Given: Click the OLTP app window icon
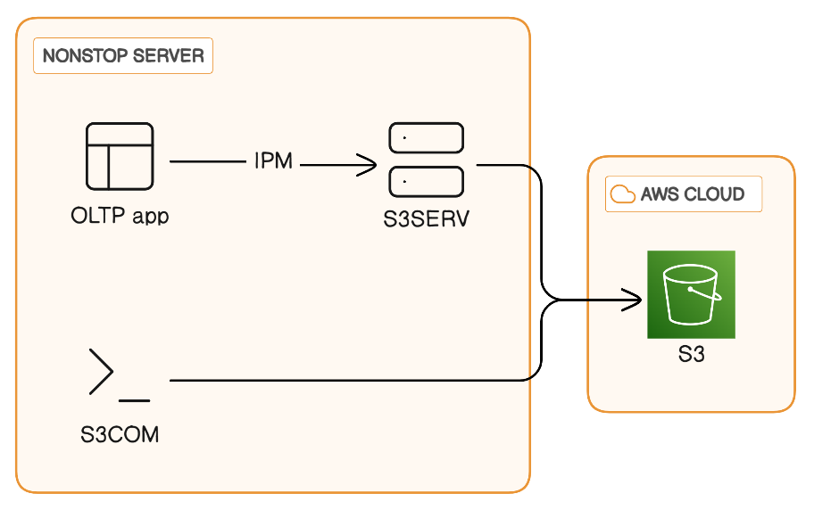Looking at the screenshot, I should coord(120,157).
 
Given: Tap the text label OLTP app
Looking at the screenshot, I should coord(120,217).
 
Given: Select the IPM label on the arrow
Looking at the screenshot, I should coord(273,162).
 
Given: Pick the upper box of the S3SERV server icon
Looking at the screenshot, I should coord(427,138).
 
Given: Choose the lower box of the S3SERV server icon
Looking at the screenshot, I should coord(427,181).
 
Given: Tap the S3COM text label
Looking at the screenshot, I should coord(120,435).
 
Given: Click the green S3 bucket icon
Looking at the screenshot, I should coord(691,294).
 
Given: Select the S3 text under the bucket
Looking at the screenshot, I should coord(692,355).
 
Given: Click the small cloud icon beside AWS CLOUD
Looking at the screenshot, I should coord(622,193).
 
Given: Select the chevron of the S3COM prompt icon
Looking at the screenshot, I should coord(101,372).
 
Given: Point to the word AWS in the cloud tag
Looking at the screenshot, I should coord(660,194).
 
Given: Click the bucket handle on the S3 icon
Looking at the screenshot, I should coord(710,292).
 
